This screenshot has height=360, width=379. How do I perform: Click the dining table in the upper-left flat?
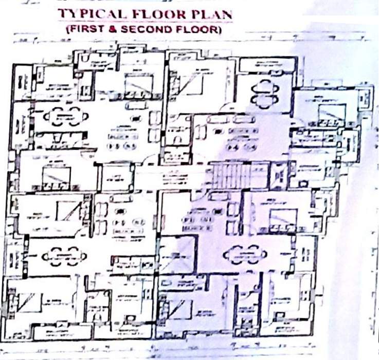tap(63, 117)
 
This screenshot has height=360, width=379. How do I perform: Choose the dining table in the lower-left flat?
tap(63, 254)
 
